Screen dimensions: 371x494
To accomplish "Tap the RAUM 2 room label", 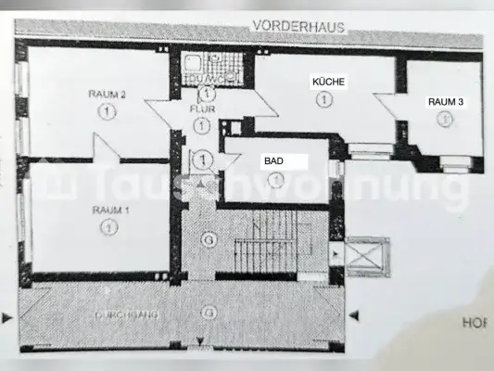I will pyautogui.click(x=108, y=94).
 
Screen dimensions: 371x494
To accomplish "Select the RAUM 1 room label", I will pyautogui.click(x=110, y=210).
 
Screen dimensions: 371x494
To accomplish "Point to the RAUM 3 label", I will pyautogui.click(x=446, y=101).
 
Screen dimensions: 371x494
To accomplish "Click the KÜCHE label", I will pyautogui.click(x=329, y=83).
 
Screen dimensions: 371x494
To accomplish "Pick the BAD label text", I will pyautogui.click(x=273, y=160).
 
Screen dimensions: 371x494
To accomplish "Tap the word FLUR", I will pyautogui.click(x=201, y=109).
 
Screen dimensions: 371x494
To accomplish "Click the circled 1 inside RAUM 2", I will pyautogui.click(x=108, y=110).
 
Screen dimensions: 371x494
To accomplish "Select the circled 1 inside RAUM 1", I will pyautogui.click(x=110, y=225).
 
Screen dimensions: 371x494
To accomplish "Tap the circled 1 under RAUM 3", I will pyautogui.click(x=446, y=118).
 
